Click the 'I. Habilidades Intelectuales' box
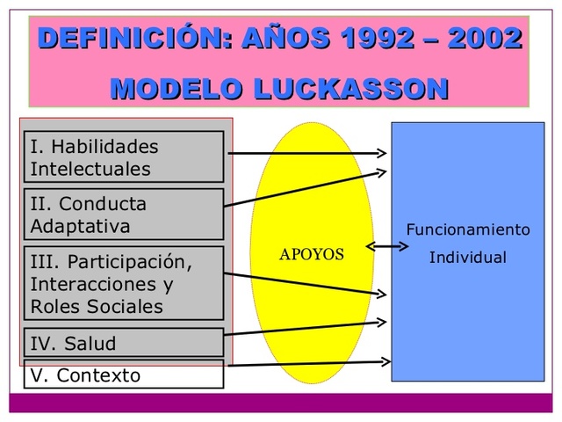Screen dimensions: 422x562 123,156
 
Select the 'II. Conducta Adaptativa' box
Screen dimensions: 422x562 123,215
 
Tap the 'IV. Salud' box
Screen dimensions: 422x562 123,343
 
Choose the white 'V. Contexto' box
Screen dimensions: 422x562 123,375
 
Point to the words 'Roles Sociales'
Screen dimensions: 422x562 97,307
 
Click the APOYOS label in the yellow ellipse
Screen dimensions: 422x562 312,255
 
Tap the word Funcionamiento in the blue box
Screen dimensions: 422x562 467,230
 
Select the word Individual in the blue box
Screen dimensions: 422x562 467,258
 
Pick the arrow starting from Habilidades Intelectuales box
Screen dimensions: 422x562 307,152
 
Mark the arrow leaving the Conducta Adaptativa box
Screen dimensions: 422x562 307,187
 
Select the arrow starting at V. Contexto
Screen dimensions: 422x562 307,361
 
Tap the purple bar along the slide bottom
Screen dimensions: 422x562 281,404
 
